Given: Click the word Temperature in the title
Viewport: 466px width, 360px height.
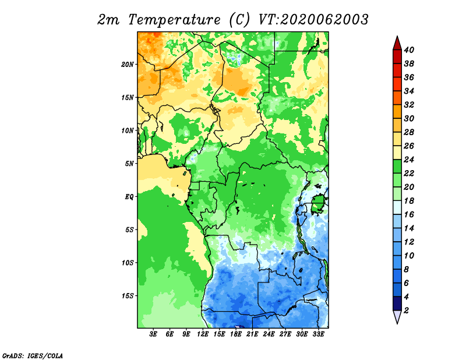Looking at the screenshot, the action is pyautogui.click(x=174, y=20).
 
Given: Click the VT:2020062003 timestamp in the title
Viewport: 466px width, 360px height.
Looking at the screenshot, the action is pyautogui.click(x=313, y=20).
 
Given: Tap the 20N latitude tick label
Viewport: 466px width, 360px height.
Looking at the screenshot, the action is pyautogui.click(x=128, y=65).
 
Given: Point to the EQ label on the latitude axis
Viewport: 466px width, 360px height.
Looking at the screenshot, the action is pyautogui.click(x=129, y=197).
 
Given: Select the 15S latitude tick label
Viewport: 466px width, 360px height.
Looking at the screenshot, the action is pyautogui.click(x=128, y=296).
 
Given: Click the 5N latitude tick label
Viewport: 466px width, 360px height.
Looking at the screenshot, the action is pyautogui.click(x=129, y=164).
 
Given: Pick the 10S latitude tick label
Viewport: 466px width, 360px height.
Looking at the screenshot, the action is pyautogui.click(x=128, y=263).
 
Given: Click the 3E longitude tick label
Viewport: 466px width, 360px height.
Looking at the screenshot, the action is pyautogui.click(x=153, y=334).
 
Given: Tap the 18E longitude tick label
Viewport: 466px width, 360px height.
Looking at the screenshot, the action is pyautogui.click(x=236, y=334).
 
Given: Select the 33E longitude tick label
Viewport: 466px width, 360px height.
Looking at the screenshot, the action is pyautogui.click(x=318, y=334).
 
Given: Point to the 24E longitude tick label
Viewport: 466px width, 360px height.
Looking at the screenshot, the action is pyautogui.click(x=269, y=334).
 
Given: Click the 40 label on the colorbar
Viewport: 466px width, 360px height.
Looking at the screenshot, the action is pyautogui.click(x=409, y=50).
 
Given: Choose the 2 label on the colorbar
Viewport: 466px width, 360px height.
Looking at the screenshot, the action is pyautogui.click(x=406, y=310).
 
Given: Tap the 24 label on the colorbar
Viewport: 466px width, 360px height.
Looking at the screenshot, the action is pyautogui.click(x=409, y=160).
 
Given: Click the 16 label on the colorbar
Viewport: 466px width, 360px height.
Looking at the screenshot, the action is pyautogui.click(x=409, y=214).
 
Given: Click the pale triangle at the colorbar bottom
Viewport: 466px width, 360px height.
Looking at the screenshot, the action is pyautogui.click(x=397, y=317).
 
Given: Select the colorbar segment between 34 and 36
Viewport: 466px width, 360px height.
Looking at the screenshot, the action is pyautogui.click(x=397, y=84).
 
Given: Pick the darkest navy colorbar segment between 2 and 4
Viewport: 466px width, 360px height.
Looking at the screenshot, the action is pyautogui.click(x=397, y=303).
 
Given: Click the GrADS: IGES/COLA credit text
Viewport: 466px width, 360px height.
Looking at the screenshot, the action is pyautogui.click(x=33, y=355).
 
